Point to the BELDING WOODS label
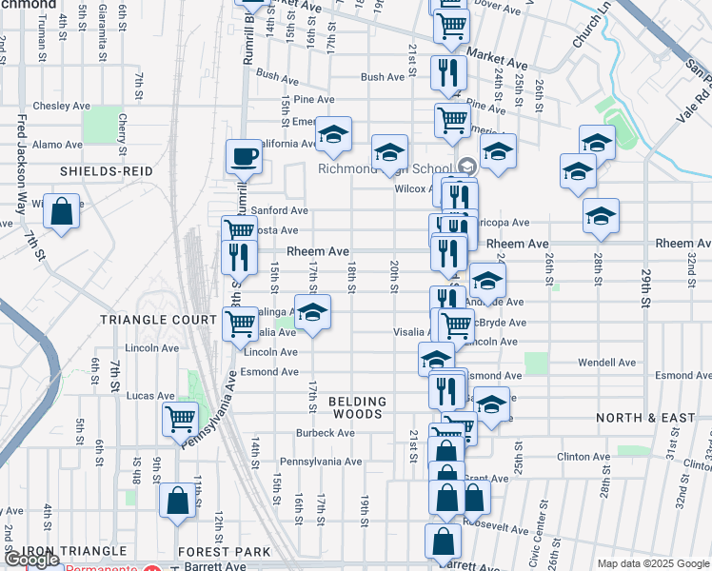click(x=358, y=408)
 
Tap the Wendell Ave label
click(x=606, y=363)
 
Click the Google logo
click(x=31, y=561)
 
